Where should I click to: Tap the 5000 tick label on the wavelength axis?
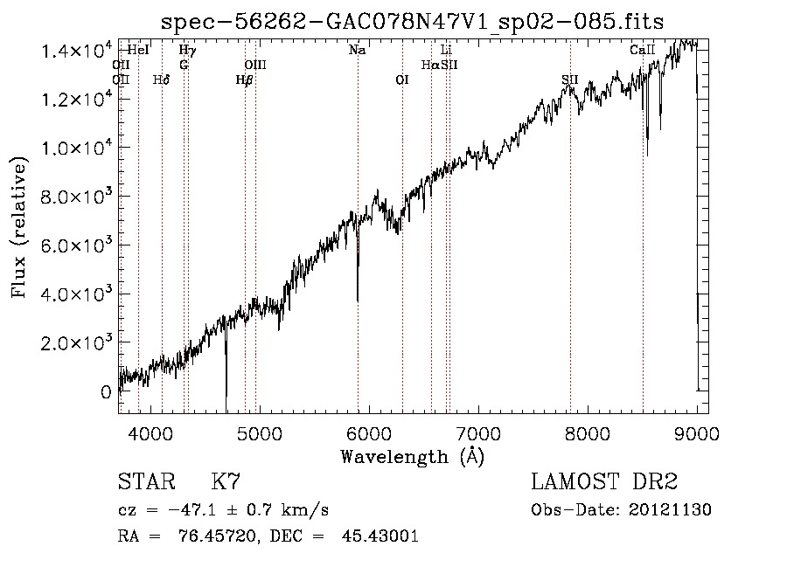[259, 432]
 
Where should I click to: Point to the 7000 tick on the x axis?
[477, 432]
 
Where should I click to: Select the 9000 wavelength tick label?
[696, 432]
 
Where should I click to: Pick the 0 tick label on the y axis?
[106, 391]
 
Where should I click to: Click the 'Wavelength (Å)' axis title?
[412, 456]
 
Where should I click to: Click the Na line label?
[357, 51]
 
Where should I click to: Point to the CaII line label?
[643, 51]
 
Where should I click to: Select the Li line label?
[446, 51]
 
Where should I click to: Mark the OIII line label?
[255, 66]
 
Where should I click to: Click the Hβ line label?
[245, 80]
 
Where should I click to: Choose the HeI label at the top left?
[138, 51]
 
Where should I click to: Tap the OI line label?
[402, 80]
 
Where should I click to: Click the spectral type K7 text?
[226, 482]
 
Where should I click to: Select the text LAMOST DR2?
[604, 482]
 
